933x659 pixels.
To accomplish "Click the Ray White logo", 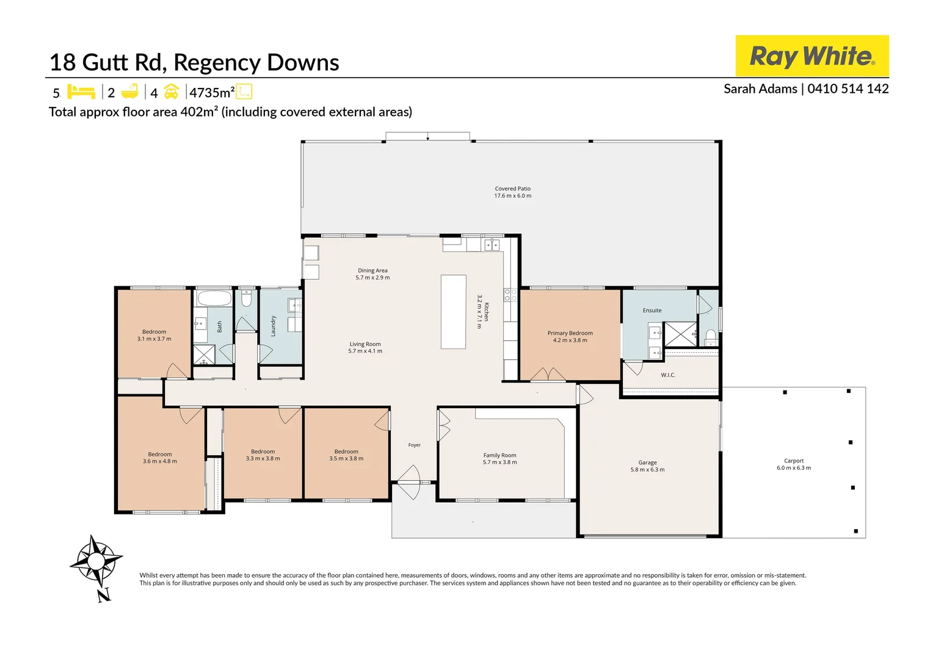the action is (811, 56).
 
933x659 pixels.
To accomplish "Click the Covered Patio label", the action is (513, 189).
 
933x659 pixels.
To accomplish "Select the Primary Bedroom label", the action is (570, 333).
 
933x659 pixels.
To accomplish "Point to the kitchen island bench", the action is (453, 311).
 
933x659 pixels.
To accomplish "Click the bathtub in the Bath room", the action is (214, 298).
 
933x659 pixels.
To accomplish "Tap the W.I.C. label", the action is (668, 375).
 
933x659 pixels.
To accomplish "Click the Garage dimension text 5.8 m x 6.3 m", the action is (647, 470).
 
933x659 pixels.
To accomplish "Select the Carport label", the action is (794, 461).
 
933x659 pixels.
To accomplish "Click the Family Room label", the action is (500, 455).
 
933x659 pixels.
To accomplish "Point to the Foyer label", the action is (415, 445).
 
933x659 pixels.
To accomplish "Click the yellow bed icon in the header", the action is (81, 92).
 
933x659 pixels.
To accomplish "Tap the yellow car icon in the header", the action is (171, 92).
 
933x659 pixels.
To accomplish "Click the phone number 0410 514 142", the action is (848, 88).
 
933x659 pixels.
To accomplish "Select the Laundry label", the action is (273, 326).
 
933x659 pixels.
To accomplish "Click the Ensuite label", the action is (652, 311).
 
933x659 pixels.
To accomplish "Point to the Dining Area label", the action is (372, 270).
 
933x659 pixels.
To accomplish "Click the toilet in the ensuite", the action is (711, 337).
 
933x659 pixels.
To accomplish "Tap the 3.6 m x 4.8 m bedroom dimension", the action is (160, 461).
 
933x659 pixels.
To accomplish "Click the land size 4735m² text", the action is (212, 92).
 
